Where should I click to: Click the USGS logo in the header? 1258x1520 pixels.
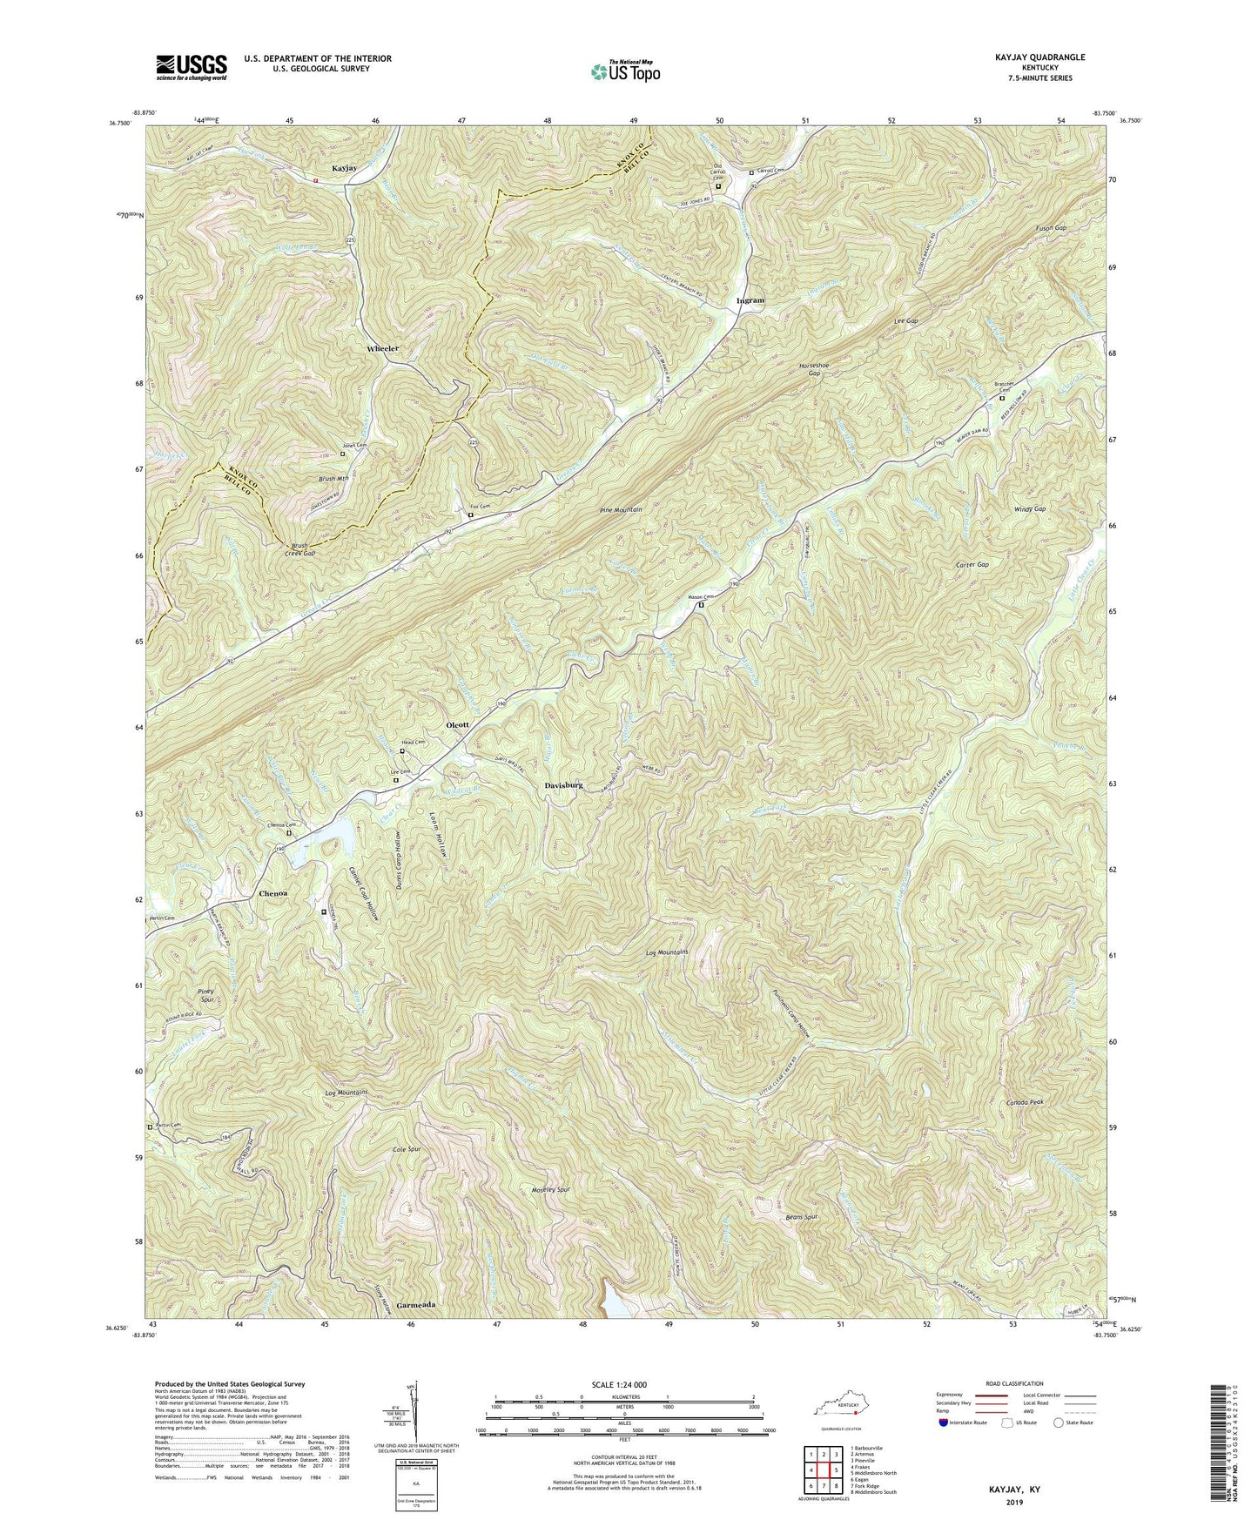[x=192, y=67]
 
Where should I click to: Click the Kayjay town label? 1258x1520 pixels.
[x=344, y=168]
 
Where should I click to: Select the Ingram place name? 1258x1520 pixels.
[x=750, y=300]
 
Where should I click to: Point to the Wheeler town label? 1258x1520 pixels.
[x=382, y=348]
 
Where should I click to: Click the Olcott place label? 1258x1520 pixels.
[x=457, y=724]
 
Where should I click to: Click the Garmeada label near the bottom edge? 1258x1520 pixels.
[x=415, y=1306]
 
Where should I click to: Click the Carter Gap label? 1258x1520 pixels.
[x=972, y=565]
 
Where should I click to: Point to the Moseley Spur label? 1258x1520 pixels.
[x=550, y=1189]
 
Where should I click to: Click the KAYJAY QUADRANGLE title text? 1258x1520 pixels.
[x=1033, y=57]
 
